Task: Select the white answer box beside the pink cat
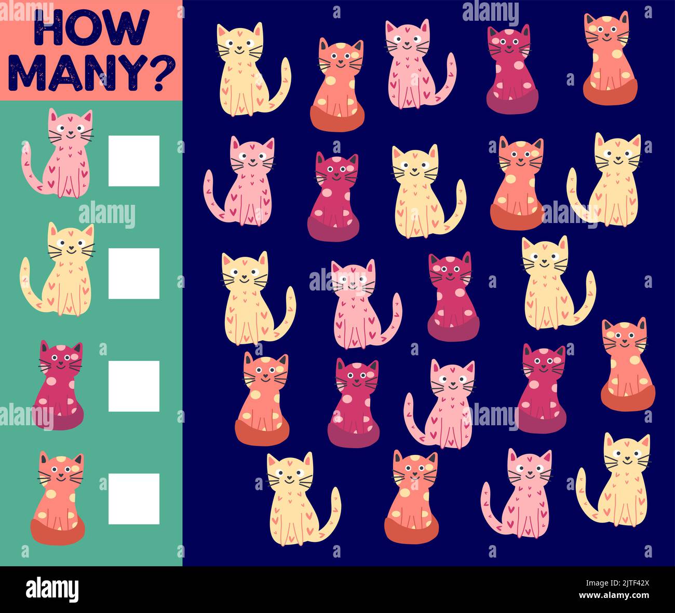pyautogui.click(x=134, y=161)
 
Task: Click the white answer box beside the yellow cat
pyautogui.click(x=134, y=273)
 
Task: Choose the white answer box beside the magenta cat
pyautogui.click(x=134, y=386)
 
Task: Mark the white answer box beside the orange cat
pyautogui.click(x=134, y=498)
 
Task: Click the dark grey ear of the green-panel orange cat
pyautogui.click(x=78, y=459)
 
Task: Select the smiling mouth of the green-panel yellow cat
pyautogui.click(x=71, y=252)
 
